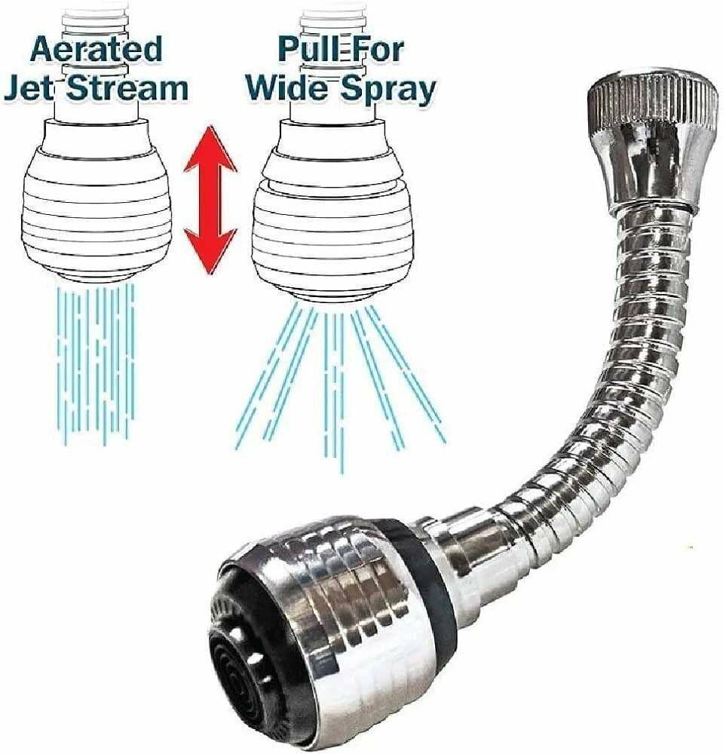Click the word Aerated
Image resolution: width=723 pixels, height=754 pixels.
[x=96, y=49]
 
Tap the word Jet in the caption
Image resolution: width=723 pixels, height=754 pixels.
[x=31, y=88]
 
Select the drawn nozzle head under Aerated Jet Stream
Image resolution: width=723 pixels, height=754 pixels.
[x=97, y=204]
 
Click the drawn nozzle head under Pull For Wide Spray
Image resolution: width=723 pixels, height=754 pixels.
[x=332, y=211]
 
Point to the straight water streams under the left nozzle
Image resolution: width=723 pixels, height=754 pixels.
[x=97, y=362]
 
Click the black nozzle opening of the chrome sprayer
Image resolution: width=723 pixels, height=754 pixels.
[x=249, y=679]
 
